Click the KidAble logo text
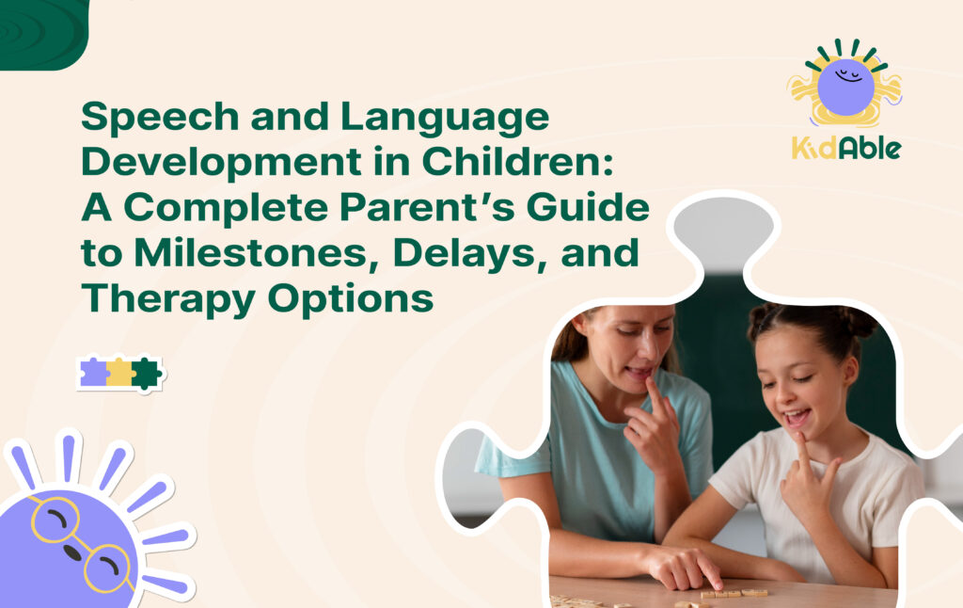pos(845,147)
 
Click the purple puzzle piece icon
pos(94,373)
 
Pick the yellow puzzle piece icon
pos(119,373)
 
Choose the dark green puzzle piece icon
pos(146,373)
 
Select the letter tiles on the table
pos(734,593)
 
